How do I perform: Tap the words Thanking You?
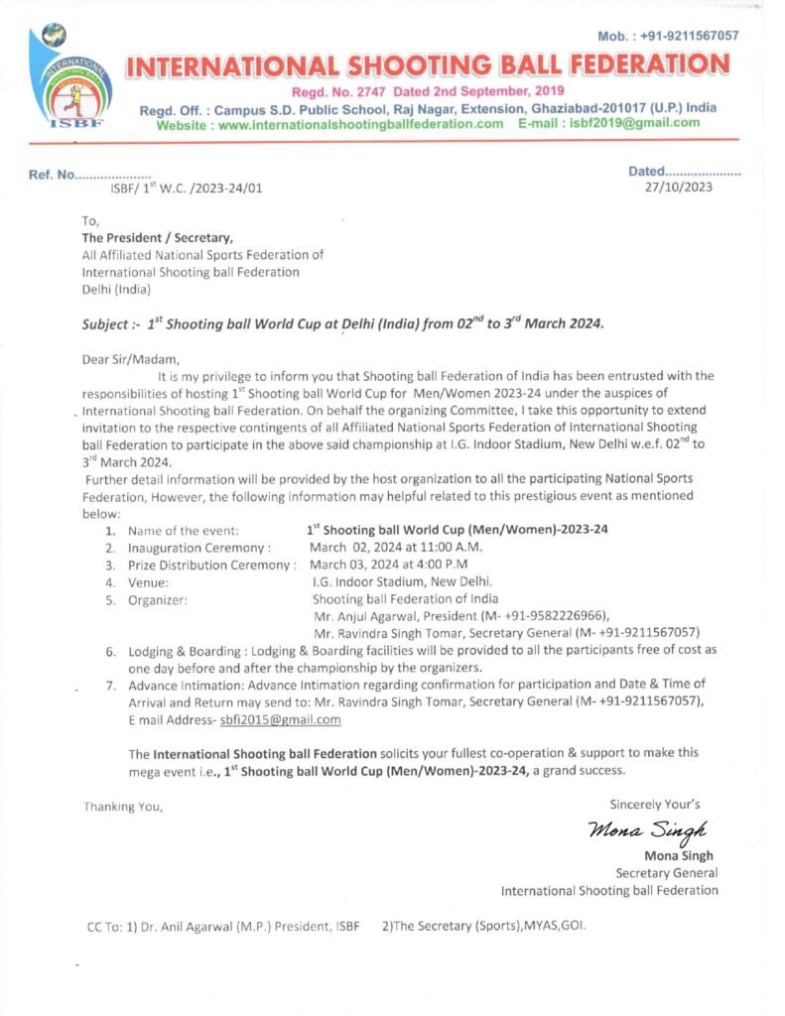click(123, 807)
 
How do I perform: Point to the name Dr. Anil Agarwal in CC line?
click(188, 927)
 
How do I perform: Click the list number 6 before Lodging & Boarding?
click(111, 650)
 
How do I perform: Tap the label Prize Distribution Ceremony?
click(212, 565)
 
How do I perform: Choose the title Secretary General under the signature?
click(667, 873)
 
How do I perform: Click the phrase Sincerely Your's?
click(655, 804)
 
